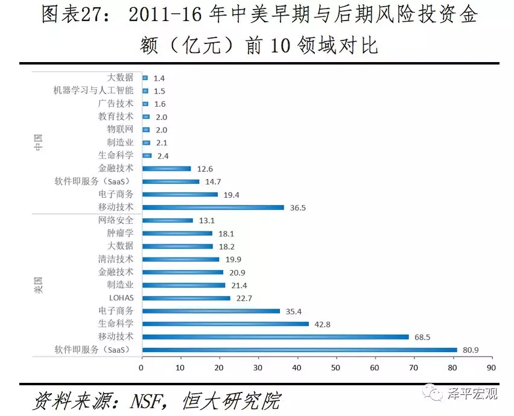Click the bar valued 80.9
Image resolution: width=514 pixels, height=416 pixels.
point(300,350)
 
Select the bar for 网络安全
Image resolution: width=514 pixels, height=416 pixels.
point(168,221)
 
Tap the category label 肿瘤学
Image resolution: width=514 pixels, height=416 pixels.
point(120,233)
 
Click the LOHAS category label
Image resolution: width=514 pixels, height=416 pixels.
point(121,298)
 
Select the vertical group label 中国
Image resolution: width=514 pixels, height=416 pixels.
point(38,142)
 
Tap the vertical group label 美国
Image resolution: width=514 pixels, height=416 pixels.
point(38,285)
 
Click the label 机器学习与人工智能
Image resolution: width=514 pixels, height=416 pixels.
point(93,90)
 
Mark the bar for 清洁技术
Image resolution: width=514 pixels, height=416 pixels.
point(180,259)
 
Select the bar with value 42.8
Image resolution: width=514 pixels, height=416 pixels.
point(225,324)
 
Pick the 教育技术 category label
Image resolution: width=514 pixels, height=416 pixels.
point(116,116)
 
